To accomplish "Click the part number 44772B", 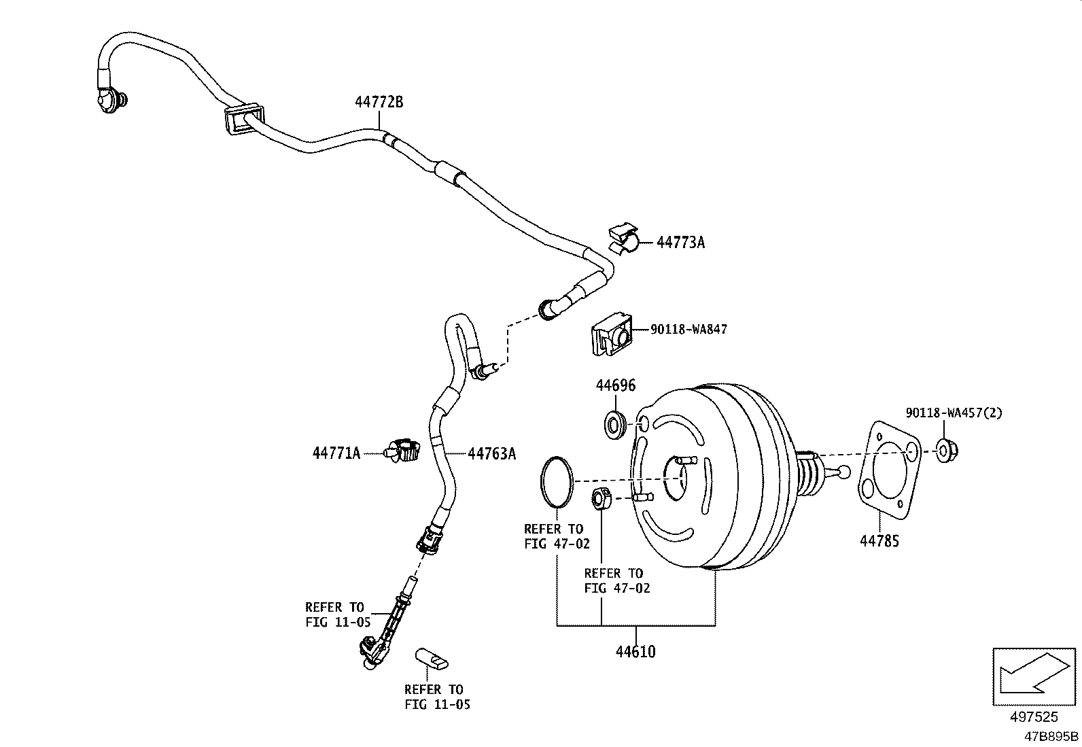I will [379, 103].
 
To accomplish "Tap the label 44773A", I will [680, 242].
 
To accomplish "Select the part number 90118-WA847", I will [688, 330].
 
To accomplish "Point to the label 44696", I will [616, 385].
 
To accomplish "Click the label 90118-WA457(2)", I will [954, 413].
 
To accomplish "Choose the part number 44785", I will [879, 542].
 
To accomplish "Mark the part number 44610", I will [635, 652].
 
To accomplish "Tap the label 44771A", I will [336, 453].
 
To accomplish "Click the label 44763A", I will [491, 454].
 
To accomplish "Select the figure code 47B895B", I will [1051, 736].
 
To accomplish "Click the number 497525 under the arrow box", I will [1034, 717].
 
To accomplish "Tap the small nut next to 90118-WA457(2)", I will [945, 451].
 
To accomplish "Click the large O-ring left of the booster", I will [556, 482].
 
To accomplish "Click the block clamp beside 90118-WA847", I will [610, 332].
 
